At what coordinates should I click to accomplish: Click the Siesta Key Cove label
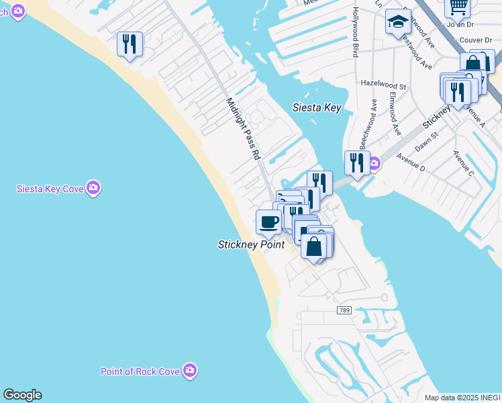pos(50,189)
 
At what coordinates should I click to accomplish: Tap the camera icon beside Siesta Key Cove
pos(94,188)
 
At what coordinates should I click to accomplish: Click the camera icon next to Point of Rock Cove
pos(191,370)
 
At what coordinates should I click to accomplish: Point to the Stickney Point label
pos(252,244)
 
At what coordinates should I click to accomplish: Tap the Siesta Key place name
pos(317,107)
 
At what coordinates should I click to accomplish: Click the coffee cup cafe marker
pos(269,222)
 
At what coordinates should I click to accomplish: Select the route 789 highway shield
pos(344,310)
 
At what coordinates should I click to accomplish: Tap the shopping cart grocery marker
pos(458,7)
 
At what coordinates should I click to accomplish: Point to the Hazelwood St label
pos(383,86)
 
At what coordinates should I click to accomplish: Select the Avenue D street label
pos(410,161)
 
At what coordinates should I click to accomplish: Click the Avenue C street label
pos(463,165)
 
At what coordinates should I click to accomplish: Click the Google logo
pos(22,395)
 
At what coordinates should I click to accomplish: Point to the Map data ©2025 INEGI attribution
pos(462,398)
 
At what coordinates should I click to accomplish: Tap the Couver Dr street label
pos(476,40)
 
